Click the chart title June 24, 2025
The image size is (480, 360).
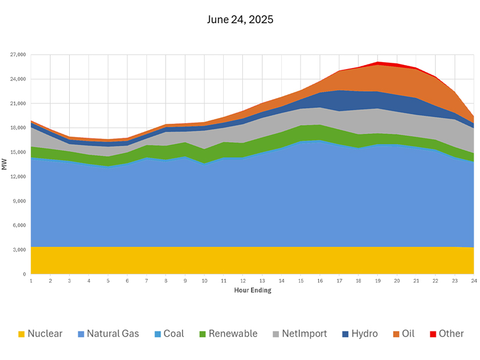coord(239,20)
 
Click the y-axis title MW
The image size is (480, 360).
coord(5,164)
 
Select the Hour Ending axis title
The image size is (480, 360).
coord(253,290)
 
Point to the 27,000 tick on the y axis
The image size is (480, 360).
coord(19,55)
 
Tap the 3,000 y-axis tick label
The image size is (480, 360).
coord(20,250)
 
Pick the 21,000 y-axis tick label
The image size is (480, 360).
coord(19,103)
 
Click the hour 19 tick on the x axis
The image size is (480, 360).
coord(378,281)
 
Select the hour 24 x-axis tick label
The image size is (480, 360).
coord(474,281)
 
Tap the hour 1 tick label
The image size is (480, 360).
coord(31,281)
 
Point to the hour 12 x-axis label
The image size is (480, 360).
coord(243,281)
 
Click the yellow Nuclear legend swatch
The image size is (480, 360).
coord(22,334)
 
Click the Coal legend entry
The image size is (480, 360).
coord(173,334)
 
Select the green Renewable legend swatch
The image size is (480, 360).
coord(202,334)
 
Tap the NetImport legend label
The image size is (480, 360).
coord(305,334)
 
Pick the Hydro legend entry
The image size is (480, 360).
coord(365,334)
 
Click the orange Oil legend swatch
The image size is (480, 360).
coord(396,334)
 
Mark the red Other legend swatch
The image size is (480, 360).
coord(433,334)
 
